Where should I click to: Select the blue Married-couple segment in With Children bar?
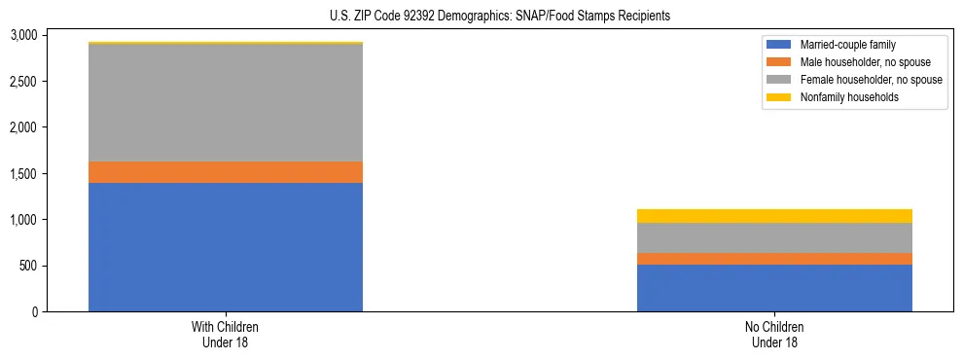coord(226,247)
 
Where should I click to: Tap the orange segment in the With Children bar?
coord(226,172)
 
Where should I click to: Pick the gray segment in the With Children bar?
coord(226,103)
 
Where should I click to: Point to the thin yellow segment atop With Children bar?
coord(226,43)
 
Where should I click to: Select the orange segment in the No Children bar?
coord(774,259)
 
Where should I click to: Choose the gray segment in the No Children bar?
coord(774,237)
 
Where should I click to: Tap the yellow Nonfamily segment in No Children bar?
coord(774,216)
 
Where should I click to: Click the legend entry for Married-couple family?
coord(845,45)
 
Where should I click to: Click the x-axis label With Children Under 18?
coord(226,334)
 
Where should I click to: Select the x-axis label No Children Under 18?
coord(774,334)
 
